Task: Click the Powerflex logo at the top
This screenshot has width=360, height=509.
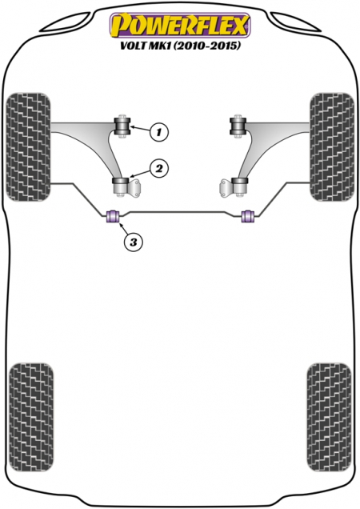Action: pos(180,25)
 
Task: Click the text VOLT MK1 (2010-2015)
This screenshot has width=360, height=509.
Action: pos(181,46)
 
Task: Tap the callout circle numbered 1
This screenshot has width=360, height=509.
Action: pos(159,132)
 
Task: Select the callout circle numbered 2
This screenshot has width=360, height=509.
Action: pos(159,169)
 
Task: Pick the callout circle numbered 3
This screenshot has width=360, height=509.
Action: pos(133,242)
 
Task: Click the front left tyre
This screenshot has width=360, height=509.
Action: pos(29,146)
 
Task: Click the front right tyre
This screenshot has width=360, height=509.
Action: pos(332,146)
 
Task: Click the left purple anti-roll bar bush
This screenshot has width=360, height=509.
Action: pos(114,217)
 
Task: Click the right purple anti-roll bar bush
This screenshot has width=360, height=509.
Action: pos(249,217)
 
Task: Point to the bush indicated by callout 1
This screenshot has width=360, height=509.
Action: pos(122,126)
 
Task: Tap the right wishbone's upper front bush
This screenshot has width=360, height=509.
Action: pos(238,126)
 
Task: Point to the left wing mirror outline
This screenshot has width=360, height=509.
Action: pos(67,22)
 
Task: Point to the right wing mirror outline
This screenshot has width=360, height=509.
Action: pos(294,22)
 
